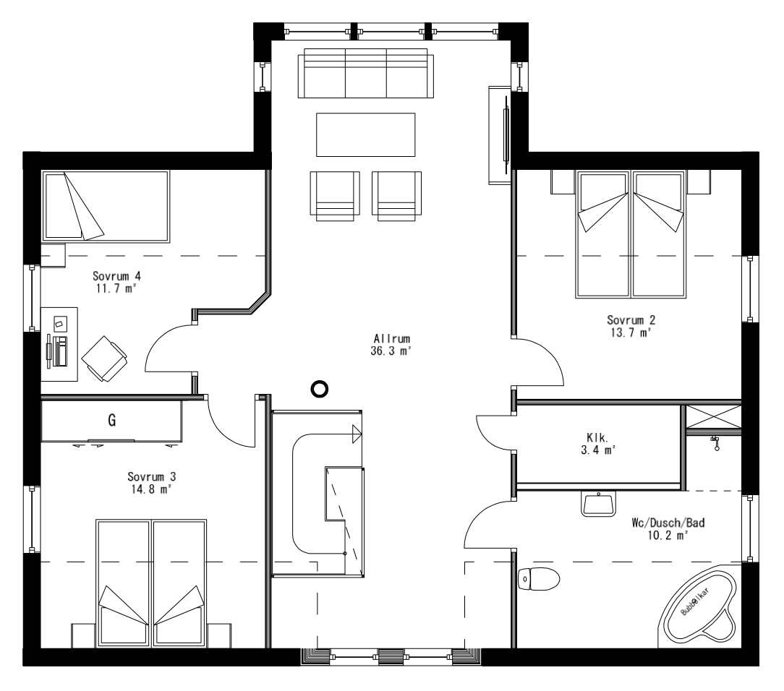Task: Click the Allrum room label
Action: pos(393,338)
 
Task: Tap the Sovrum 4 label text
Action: pos(115,275)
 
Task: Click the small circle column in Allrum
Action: pos(318,390)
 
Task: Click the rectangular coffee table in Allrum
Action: pos(365,134)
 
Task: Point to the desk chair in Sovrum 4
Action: pos(104,357)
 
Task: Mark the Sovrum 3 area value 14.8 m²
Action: pos(152,489)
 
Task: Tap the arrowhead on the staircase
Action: pos(356,434)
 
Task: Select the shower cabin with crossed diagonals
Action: pos(712,418)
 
